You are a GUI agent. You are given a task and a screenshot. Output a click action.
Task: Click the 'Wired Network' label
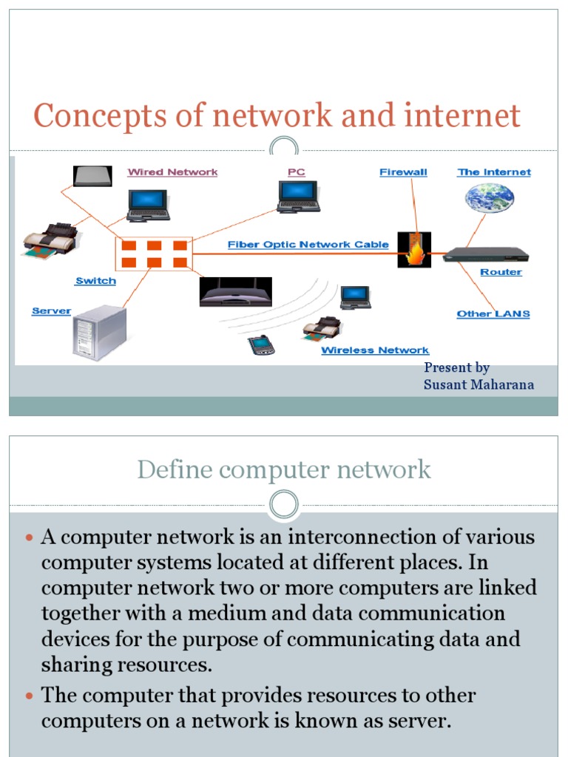(x=172, y=172)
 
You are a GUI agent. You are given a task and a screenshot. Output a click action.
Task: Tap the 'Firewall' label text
(x=403, y=172)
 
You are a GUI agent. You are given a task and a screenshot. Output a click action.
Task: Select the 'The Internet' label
(x=494, y=172)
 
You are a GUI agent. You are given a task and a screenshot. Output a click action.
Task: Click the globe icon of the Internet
(x=489, y=197)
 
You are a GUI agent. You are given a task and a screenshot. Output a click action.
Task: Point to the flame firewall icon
(x=414, y=250)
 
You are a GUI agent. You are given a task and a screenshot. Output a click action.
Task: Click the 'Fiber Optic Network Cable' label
(x=308, y=245)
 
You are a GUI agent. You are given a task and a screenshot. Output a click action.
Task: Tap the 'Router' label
(x=501, y=272)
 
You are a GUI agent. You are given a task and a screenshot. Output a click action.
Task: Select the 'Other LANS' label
(x=493, y=313)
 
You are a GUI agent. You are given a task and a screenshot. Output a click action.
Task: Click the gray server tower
(x=100, y=333)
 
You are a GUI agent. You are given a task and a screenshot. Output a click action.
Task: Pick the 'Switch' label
(x=95, y=281)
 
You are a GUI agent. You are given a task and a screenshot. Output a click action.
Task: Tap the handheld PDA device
(x=259, y=344)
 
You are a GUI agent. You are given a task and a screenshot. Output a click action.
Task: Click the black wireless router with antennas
(x=235, y=293)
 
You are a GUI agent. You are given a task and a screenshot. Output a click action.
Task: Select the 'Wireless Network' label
(x=375, y=350)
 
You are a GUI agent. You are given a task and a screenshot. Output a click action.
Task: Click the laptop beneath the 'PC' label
(x=299, y=197)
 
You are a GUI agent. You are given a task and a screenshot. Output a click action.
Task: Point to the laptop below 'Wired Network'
(x=148, y=206)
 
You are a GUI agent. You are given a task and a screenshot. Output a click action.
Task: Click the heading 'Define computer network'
(x=284, y=469)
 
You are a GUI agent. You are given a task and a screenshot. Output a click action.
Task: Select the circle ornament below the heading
(x=284, y=506)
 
